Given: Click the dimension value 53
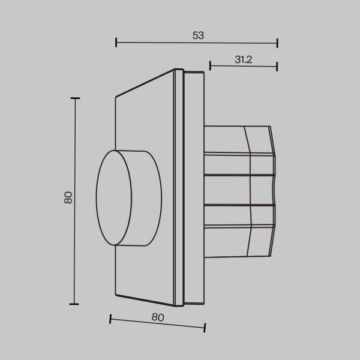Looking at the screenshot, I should point(198,35).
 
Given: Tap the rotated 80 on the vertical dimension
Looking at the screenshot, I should point(68,197).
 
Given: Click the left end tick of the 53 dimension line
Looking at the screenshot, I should point(116,43).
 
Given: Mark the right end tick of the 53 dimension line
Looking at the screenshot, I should point(277,43).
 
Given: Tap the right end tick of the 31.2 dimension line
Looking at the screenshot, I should point(277,65).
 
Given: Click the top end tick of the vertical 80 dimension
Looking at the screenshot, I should point(75,98).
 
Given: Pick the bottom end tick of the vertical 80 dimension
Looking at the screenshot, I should point(75,304).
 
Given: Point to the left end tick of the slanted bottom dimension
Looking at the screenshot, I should point(110,319).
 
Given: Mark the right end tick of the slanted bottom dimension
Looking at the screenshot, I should point(205,327).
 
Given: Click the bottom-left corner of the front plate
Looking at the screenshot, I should point(115,295).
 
